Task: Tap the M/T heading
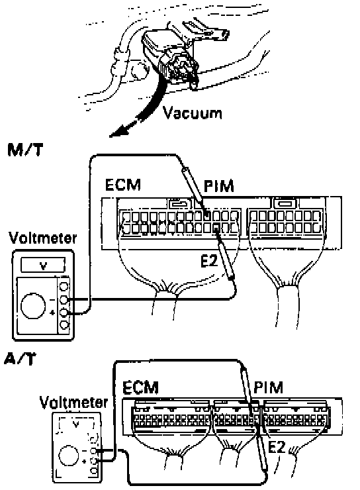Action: click(25, 150)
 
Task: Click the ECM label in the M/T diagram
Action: click(123, 184)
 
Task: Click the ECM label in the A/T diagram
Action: click(140, 387)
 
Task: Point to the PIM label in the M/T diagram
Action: click(219, 186)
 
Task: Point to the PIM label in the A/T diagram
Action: click(268, 387)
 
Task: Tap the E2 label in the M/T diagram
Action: click(208, 262)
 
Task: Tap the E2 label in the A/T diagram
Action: click(277, 448)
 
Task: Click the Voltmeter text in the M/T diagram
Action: click(43, 238)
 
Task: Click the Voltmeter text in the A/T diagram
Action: click(73, 402)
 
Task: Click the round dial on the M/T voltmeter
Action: click(33, 306)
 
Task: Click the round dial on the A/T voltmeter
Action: click(68, 456)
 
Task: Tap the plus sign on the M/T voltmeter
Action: click(53, 312)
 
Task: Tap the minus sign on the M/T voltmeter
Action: click(52, 300)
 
